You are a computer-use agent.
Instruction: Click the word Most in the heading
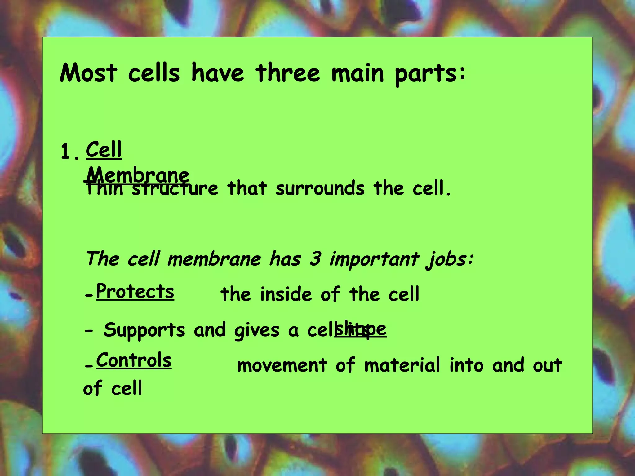[89, 73]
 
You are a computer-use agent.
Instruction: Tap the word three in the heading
[288, 73]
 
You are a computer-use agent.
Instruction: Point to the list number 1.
[69, 152]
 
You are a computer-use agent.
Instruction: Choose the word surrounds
[320, 188]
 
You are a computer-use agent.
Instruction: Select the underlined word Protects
[135, 292]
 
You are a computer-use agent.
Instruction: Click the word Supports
[144, 330]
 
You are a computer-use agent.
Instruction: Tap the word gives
[257, 331]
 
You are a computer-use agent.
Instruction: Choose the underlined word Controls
[134, 360]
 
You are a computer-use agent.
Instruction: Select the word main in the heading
[357, 73]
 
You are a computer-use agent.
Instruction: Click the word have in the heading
[218, 73]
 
